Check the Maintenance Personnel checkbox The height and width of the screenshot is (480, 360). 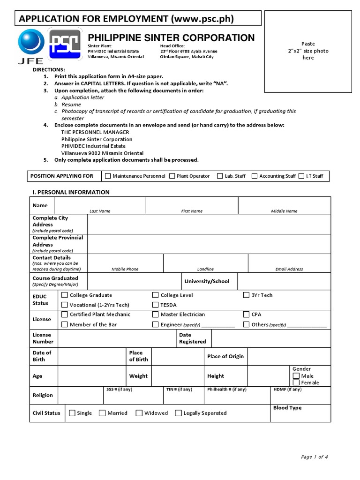(108, 176)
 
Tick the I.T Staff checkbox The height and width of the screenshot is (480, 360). (302, 176)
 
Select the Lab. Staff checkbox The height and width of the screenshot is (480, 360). (220, 176)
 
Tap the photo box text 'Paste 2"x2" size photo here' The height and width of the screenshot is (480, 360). (308, 51)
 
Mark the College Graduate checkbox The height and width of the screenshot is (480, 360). (65, 295)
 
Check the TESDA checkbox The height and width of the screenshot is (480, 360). (156, 305)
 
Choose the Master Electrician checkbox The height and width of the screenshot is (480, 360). (156, 315)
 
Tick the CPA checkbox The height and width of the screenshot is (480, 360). (247, 315)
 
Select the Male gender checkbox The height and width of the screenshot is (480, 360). (296, 376)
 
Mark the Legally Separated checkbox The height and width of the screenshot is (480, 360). (179, 413)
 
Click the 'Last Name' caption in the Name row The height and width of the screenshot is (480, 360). (100, 211)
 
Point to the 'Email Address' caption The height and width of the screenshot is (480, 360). (289, 270)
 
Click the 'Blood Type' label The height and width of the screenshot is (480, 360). (287, 408)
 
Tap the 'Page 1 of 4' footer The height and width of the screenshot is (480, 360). (314, 457)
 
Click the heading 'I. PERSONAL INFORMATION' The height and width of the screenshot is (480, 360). (70, 192)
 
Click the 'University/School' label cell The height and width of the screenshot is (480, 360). (207, 281)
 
